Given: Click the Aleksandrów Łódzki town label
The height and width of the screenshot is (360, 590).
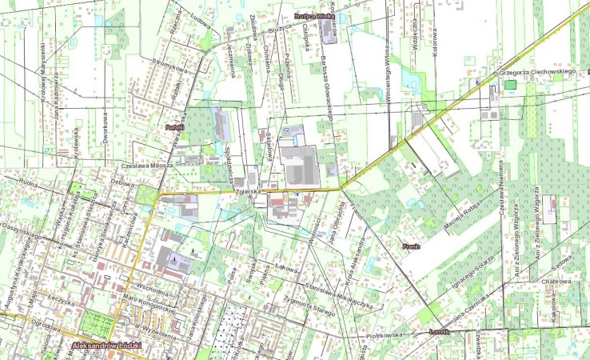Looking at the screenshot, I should [x=106, y=346].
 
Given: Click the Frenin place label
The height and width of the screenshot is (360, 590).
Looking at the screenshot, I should [x=411, y=246].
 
